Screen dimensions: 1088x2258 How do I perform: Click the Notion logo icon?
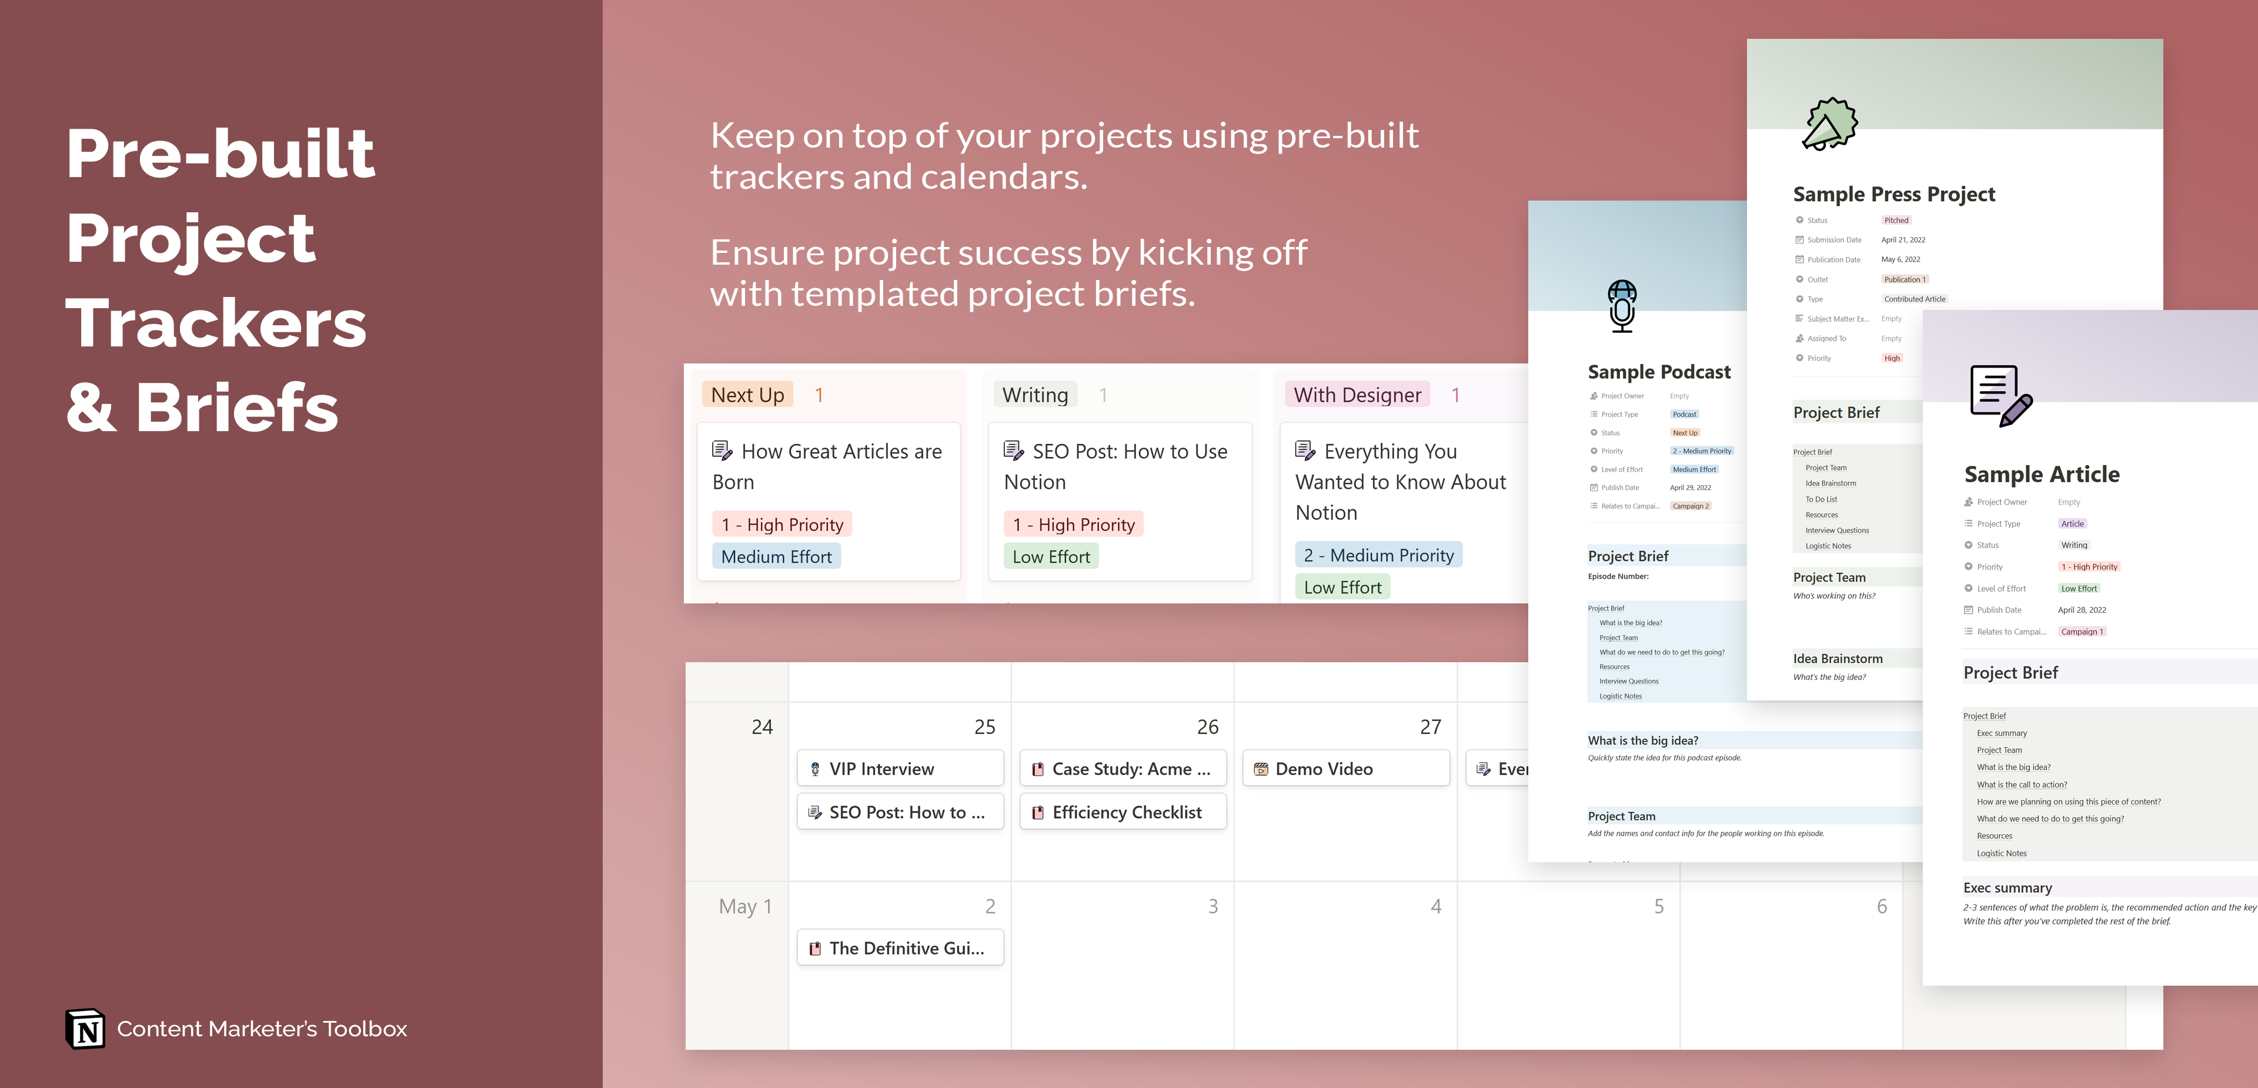pyautogui.click(x=85, y=1029)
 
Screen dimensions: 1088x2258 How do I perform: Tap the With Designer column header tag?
pyautogui.click(x=1357, y=395)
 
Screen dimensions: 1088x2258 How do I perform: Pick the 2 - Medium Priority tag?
pyautogui.click(x=1378, y=555)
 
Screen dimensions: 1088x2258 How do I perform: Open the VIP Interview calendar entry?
pyautogui.click(x=899, y=769)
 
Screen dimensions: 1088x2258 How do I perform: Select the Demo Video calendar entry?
pyautogui.click(x=1345, y=769)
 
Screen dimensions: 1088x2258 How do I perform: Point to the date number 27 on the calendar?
pyautogui.click(x=1429, y=727)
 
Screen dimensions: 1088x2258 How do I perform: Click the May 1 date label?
pyautogui.click(x=745, y=906)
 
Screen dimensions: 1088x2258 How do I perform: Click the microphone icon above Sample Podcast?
pyautogui.click(x=1622, y=305)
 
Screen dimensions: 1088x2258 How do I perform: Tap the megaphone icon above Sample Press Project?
pyautogui.click(x=1829, y=125)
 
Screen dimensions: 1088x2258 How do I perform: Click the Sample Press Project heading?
pyautogui.click(x=1893, y=193)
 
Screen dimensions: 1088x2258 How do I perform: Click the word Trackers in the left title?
pyautogui.click(x=216, y=323)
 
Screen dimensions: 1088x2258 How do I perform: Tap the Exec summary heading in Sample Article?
pyautogui.click(x=2008, y=888)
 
